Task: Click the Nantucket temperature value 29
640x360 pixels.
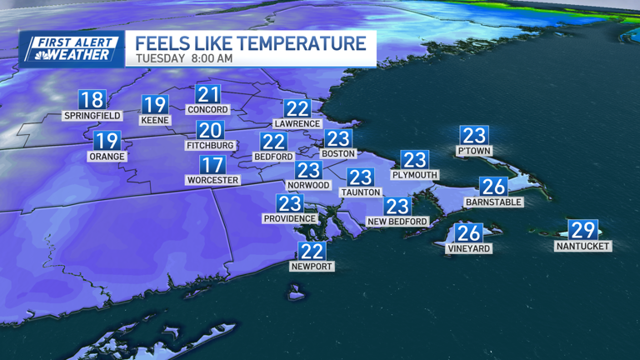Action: [582, 231]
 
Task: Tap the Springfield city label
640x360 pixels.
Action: [92, 116]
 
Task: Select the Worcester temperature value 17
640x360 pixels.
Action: [212, 165]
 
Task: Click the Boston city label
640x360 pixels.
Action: [338, 153]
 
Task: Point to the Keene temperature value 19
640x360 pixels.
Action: [155, 105]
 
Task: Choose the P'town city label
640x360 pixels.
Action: [474, 151]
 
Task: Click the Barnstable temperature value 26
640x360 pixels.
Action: [494, 187]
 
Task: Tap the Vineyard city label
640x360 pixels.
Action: [469, 248]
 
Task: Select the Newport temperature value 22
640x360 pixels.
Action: [312, 252]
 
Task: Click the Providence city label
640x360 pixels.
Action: [290, 218]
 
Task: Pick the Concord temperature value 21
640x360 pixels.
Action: [207, 94]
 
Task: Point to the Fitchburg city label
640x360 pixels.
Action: [210, 144]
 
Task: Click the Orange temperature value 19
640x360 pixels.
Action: [107, 142]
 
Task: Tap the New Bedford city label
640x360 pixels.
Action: [397, 222]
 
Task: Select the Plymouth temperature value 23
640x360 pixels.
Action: [414, 160]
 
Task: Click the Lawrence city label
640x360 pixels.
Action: [297, 123]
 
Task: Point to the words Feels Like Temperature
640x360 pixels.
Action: [250, 42]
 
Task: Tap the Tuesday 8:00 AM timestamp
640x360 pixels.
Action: [184, 59]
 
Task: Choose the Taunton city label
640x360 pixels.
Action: [360, 192]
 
